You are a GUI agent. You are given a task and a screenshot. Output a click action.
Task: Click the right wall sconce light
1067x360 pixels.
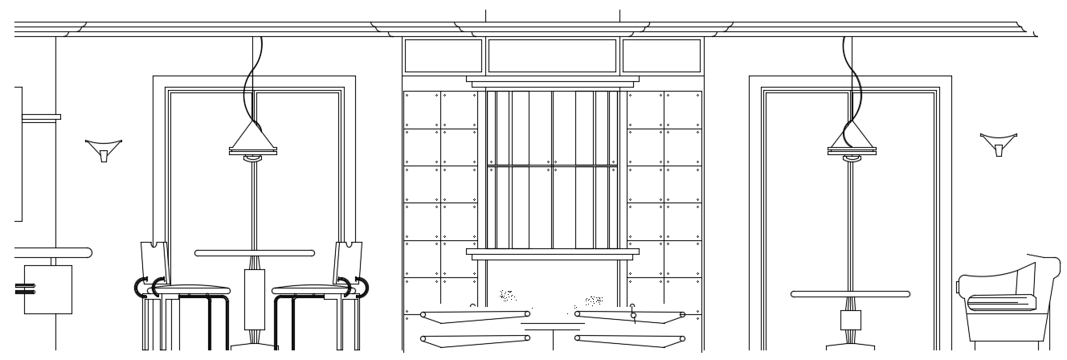(x=999, y=145)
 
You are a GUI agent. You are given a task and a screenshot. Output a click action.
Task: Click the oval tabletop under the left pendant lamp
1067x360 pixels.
(x=255, y=253)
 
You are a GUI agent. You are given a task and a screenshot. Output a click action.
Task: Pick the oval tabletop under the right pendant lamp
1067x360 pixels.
(x=850, y=294)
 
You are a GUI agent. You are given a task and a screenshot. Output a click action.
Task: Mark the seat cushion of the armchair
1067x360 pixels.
(x=1000, y=302)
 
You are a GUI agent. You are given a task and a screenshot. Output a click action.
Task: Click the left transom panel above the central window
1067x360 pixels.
(x=443, y=56)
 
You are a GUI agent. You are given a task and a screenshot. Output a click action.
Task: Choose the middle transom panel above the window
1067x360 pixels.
(x=553, y=56)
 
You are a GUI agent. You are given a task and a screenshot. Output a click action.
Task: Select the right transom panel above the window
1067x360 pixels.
(x=661, y=56)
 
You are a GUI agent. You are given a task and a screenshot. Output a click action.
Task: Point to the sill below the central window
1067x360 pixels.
(x=553, y=252)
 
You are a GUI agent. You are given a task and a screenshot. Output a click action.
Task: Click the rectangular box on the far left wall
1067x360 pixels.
(x=47, y=289)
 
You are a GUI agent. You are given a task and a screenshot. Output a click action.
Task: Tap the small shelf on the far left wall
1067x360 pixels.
(x=40, y=117)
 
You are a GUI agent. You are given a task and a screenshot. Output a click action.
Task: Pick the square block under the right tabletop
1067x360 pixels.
(x=850, y=320)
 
